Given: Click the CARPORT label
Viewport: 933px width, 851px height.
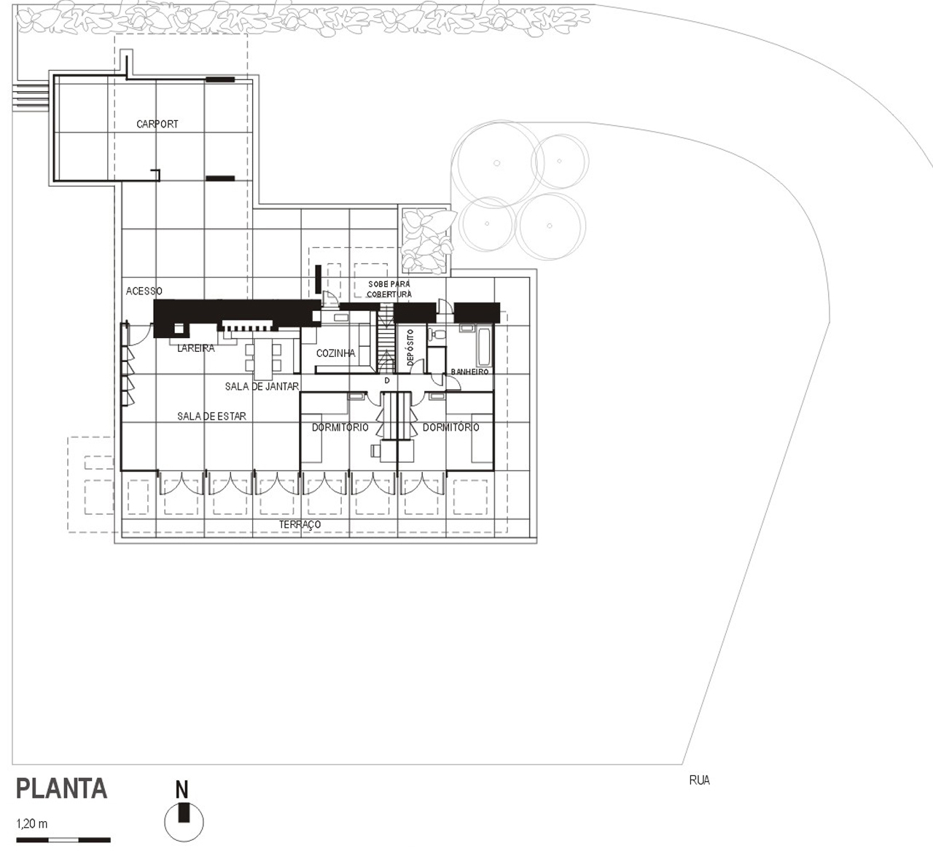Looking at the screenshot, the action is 157,124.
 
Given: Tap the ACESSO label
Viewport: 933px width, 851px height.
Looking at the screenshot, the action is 144,291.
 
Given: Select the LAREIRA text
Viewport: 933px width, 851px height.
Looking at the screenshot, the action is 196,348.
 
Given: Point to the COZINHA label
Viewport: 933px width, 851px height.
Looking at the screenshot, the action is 335,353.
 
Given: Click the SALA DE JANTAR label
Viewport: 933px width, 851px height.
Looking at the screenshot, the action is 262,386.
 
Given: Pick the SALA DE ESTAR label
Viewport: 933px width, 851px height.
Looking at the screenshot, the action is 211,416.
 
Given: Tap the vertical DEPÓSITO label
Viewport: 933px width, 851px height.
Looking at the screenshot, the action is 410,348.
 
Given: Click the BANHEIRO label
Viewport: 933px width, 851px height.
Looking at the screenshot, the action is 469,372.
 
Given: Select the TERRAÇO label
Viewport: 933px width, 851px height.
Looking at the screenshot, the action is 300,525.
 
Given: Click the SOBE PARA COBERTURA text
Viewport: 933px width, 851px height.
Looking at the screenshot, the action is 389,289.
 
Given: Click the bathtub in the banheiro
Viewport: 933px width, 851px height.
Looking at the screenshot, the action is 484,348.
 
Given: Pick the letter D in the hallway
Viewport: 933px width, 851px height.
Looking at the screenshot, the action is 387,381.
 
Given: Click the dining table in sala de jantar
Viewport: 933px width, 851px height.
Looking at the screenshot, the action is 263,359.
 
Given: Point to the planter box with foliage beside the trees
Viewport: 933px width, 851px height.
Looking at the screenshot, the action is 424,240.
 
